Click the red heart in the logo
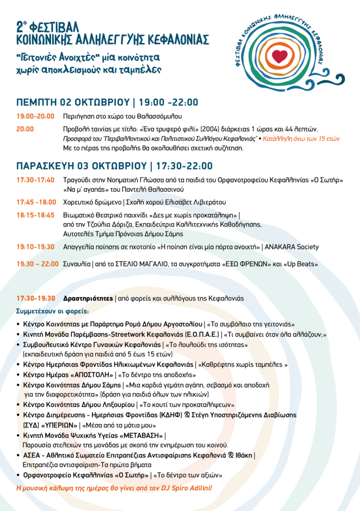tap(280, 55)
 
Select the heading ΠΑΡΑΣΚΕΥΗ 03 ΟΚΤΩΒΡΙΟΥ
tap(81, 166)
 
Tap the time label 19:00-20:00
tap(35, 116)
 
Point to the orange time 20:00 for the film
tap(25, 129)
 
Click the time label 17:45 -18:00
tap(35, 202)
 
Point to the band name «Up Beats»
tap(301, 264)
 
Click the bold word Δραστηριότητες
tap(88, 298)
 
